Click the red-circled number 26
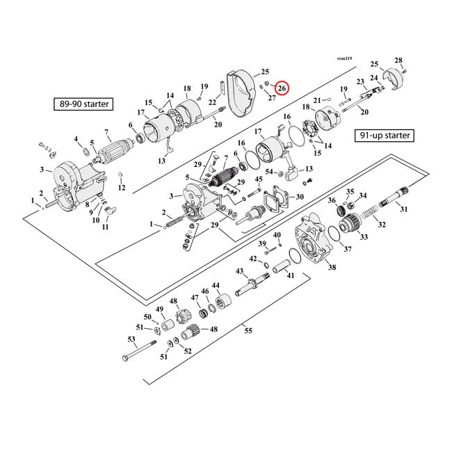coord(282,88)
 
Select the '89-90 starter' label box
coord(83,105)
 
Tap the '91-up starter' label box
coord(384,135)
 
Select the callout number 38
coord(332,267)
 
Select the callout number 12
coord(121,188)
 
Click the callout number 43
coord(239,271)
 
